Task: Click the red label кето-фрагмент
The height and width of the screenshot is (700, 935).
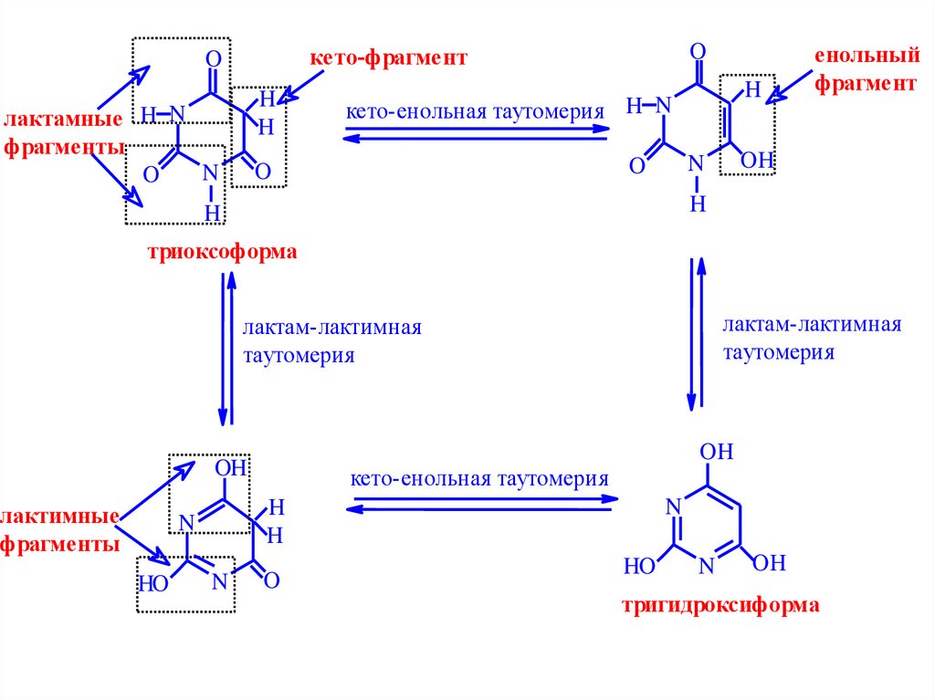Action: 388,58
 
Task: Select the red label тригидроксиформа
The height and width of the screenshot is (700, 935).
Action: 720,604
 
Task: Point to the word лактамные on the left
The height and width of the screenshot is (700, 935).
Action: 64,120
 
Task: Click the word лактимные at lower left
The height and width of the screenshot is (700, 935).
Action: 62,517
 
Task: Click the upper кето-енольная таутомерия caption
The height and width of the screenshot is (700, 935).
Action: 475,112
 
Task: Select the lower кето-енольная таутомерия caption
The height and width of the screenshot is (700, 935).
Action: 478,478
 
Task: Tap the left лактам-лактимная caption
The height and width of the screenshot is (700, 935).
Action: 331,328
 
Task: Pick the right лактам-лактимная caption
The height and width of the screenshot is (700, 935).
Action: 812,326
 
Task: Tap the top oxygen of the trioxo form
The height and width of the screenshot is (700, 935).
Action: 214,59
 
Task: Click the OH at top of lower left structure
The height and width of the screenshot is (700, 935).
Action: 230,468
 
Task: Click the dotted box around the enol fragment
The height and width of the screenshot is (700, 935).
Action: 747,125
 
